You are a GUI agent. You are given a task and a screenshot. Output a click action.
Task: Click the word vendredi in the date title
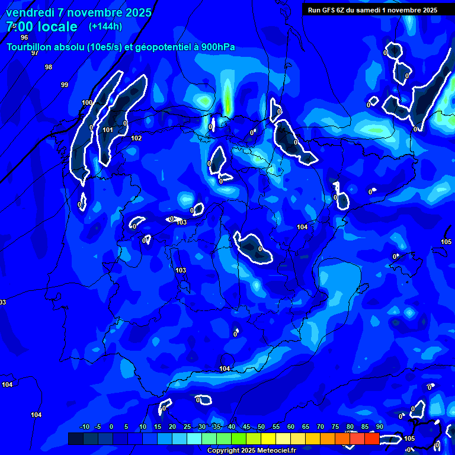30,12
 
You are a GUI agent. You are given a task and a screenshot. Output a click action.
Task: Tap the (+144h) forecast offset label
105,26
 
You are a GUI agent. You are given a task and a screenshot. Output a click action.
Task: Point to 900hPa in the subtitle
218,47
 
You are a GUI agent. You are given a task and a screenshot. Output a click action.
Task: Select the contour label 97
35,53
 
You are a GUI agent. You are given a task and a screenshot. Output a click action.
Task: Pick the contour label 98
49,67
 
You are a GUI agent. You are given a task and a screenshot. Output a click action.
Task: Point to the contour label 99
65,85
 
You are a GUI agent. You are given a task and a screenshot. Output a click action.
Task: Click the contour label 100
87,102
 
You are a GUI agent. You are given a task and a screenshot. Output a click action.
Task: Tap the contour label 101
108,130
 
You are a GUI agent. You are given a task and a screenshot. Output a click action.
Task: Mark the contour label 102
136,138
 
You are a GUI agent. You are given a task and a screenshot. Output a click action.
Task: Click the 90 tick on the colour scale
379,427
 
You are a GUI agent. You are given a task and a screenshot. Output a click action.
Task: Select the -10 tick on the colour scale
84,427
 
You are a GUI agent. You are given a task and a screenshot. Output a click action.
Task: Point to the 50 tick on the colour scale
261,427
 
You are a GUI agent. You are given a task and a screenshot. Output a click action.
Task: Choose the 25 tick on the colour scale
187,427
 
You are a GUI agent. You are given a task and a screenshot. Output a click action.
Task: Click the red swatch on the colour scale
371,438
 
